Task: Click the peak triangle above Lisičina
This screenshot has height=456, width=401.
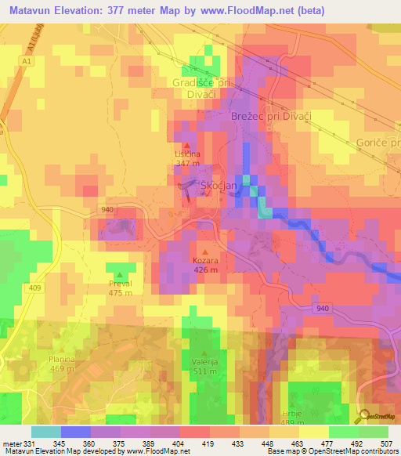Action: click(186, 145)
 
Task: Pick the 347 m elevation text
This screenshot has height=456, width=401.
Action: click(187, 163)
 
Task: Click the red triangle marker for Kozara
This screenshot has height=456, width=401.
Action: click(205, 252)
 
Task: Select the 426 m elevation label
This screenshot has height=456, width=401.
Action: click(205, 270)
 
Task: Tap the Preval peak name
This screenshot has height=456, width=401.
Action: click(120, 284)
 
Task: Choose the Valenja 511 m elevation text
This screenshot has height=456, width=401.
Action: click(205, 371)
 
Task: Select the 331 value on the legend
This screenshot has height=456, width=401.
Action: click(30, 443)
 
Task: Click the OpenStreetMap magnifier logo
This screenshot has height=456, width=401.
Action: click(364, 415)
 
